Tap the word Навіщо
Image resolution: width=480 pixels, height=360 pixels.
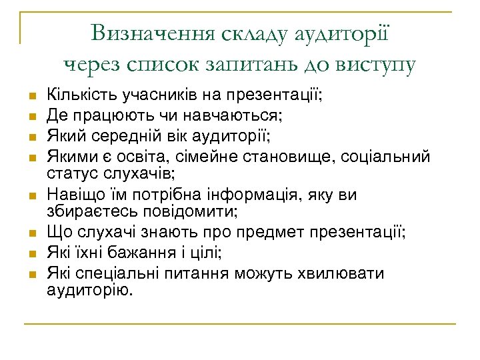[71, 195]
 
